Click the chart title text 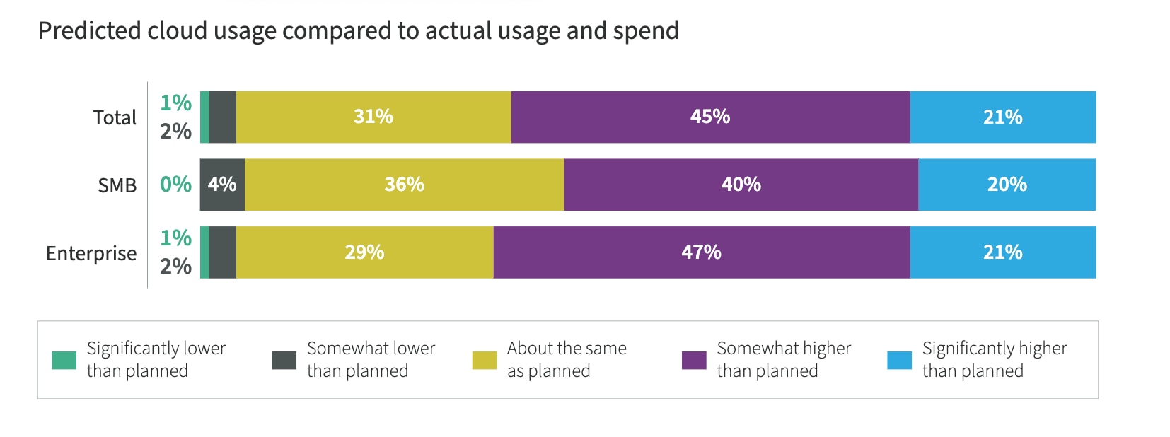click(358, 31)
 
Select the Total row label click(115, 117)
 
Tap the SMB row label click(117, 185)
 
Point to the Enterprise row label click(91, 253)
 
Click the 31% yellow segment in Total click(373, 117)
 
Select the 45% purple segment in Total click(709, 117)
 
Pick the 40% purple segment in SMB click(741, 185)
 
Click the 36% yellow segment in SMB click(404, 185)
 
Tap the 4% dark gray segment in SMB click(222, 185)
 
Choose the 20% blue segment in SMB click(1007, 185)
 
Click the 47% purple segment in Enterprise click(701, 252)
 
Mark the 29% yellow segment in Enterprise click(364, 252)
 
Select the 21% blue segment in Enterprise click(1002, 252)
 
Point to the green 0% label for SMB click(175, 185)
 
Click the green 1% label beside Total click(175, 103)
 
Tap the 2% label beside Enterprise click(175, 267)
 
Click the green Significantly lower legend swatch click(64, 360)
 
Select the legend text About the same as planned click(566, 359)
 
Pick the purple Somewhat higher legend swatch click(693, 360)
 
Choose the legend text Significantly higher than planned click(994, 359)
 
